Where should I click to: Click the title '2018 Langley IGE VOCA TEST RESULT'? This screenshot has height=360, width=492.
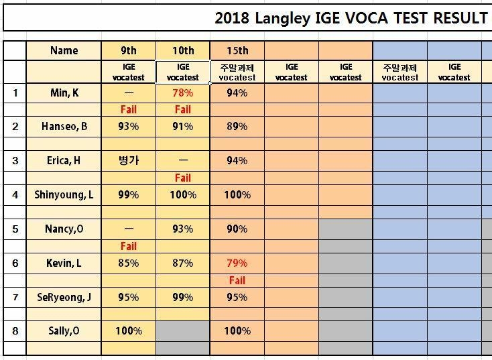tap(351, 18)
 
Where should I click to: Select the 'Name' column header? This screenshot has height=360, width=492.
tap(64, 50)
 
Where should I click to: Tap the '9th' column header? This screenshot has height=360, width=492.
tap(129, 50)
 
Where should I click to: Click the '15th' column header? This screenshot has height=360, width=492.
tap(237, 50)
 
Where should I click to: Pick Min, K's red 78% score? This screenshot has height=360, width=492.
tap(182, 93)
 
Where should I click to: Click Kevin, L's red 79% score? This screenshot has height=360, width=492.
tap(237, 263)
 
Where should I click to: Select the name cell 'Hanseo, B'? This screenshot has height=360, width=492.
tap(64, 127)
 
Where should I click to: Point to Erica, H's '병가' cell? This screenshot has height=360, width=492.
tap(129, 161)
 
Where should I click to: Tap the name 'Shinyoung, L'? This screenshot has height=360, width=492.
tap(64, 195)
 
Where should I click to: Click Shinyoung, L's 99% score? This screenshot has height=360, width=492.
tap(129, 195)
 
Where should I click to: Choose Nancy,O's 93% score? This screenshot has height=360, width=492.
tap(182, 229)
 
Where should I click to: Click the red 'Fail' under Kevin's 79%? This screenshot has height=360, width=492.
tap(237, 280)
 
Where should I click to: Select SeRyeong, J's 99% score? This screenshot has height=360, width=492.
tap(182, 297)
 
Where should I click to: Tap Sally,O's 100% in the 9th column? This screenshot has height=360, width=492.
tap(129, 331)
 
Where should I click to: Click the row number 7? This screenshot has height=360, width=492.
tap(15, 297)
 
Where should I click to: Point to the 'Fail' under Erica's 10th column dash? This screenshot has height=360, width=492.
tap(182, 178)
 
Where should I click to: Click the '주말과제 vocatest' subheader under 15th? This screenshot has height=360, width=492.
tap(237, 72)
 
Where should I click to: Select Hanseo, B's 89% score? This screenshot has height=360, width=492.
tap(237, 127)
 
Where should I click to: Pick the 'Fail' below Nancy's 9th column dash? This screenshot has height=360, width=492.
tap(129, 247)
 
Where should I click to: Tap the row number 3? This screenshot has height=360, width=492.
tap(15, 161)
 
